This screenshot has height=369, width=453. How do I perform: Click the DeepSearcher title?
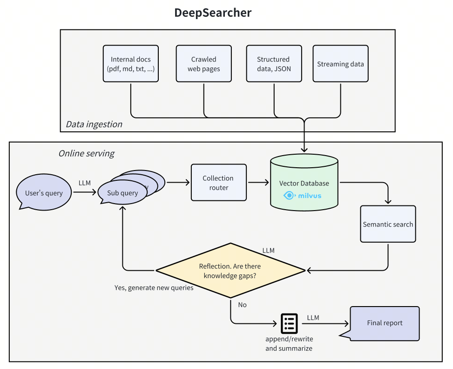click(213, 13)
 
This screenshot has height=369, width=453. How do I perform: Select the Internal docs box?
click(131, 64)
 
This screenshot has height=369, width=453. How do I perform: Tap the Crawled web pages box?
click(204, 64)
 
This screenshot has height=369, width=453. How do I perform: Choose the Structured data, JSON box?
click(273, 64)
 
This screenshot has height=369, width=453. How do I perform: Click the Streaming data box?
click(340, 64)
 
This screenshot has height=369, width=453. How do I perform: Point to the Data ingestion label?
click(94, 124)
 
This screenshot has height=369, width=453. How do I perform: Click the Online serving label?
click(86, 153)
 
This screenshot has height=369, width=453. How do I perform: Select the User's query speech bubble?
click(44, 193)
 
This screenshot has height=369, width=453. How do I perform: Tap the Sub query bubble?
click(122, 193)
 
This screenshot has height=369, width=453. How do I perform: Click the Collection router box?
click(218, 183)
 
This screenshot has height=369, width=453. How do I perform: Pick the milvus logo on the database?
click(303, 196)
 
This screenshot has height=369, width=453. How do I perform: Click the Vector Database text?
click(304, 184)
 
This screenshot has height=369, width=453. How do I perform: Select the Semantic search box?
click(388, 224)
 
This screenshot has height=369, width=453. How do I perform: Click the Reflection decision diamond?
click(230, 271)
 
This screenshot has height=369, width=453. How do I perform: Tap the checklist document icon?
click(289, 323)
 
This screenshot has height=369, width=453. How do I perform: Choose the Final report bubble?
click(385, 323)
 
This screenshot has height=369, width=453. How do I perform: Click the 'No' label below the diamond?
click(242, 305)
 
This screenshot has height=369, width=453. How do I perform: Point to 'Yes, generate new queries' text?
click(154, 288)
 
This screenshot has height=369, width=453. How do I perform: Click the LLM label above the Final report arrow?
click(313, 318)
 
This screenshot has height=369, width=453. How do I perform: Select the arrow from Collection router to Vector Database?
click(258, 183)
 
